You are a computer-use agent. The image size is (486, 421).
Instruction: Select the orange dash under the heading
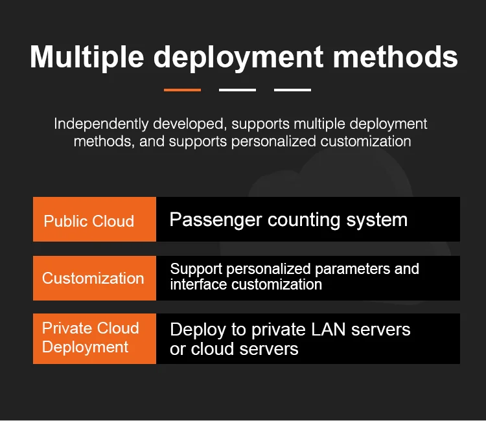tap(182, 90)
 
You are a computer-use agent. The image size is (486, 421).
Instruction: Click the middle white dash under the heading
tap(237, 90)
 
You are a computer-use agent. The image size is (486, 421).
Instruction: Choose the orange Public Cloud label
tap(95, 220)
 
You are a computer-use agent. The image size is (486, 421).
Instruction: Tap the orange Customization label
tap(95, 278)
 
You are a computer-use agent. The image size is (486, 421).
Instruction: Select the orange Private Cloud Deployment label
tap(95, 337)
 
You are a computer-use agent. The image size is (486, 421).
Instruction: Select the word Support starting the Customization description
tap(196, 269)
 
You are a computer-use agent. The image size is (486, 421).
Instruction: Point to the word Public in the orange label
tap(64, 221)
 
